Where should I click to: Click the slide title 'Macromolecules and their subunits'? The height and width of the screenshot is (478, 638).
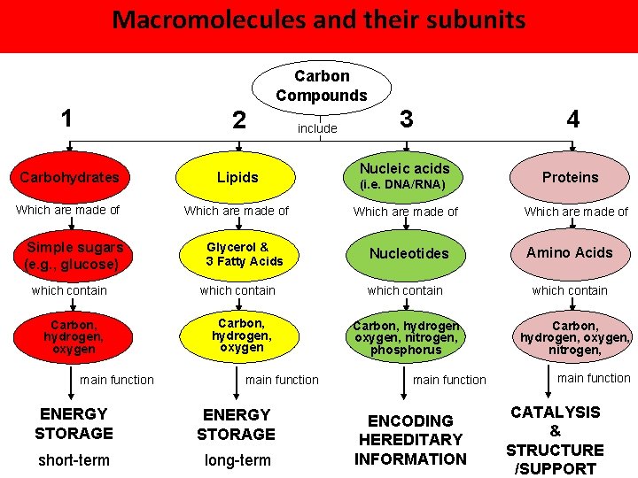pos(319,19)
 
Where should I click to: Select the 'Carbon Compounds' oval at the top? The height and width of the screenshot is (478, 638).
pos(321,86)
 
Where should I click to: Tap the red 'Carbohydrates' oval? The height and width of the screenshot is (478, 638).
pos(69,177)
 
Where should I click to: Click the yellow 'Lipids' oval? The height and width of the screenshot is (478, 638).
pos(238,177)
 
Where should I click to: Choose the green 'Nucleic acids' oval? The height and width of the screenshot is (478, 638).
pos(404,176)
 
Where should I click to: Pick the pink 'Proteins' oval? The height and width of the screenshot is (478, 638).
pos(570,177)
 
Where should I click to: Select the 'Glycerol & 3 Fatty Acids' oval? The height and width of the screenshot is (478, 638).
pos(244,254)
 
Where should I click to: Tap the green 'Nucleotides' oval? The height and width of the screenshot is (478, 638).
pos(408,253)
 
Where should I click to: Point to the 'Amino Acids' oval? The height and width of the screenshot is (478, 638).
pos(570,253)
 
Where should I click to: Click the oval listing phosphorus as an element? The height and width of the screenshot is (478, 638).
pos(406,337)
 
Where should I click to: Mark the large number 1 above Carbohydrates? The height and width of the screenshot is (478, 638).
pos(66,119)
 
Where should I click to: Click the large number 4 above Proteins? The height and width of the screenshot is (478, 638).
pos(572,119)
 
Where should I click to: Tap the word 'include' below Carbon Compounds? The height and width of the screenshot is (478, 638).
pos(317,129)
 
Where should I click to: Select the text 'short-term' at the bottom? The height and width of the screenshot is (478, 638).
pos(74,460)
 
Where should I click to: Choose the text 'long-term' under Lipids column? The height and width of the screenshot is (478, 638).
pos(237,460)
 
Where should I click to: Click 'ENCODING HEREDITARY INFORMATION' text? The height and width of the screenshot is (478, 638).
pos(410,440)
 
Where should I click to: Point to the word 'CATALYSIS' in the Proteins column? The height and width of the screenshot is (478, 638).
pos(555,412)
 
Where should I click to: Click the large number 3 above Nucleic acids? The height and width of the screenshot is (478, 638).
pos(406,119)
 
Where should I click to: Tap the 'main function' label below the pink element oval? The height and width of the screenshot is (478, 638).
pos(594,378)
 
